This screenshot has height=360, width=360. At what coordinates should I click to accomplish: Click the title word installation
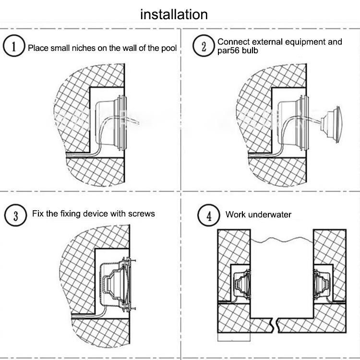(x=174, y=14)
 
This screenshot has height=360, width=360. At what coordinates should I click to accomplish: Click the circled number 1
(x=14, y=46)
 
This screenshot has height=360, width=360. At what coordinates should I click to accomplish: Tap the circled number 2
(x=204, y=46)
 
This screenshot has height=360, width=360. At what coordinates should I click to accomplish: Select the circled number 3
(x=16, y=216)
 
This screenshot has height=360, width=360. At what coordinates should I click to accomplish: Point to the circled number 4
(x=209, y=216)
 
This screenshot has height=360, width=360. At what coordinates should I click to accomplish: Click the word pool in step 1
(x=169, y=48)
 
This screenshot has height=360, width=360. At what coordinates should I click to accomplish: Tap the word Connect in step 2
(x=233, y=42)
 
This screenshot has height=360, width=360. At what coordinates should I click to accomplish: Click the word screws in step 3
(x=142, y=214)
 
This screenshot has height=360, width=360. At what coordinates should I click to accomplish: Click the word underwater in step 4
(x=270, y=215)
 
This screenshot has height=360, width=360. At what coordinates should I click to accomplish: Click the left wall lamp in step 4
(x=242, y=284)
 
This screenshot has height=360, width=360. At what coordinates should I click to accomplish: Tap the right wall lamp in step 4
(x=322, y=284)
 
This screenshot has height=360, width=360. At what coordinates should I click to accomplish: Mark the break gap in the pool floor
(x=276, y=325)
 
